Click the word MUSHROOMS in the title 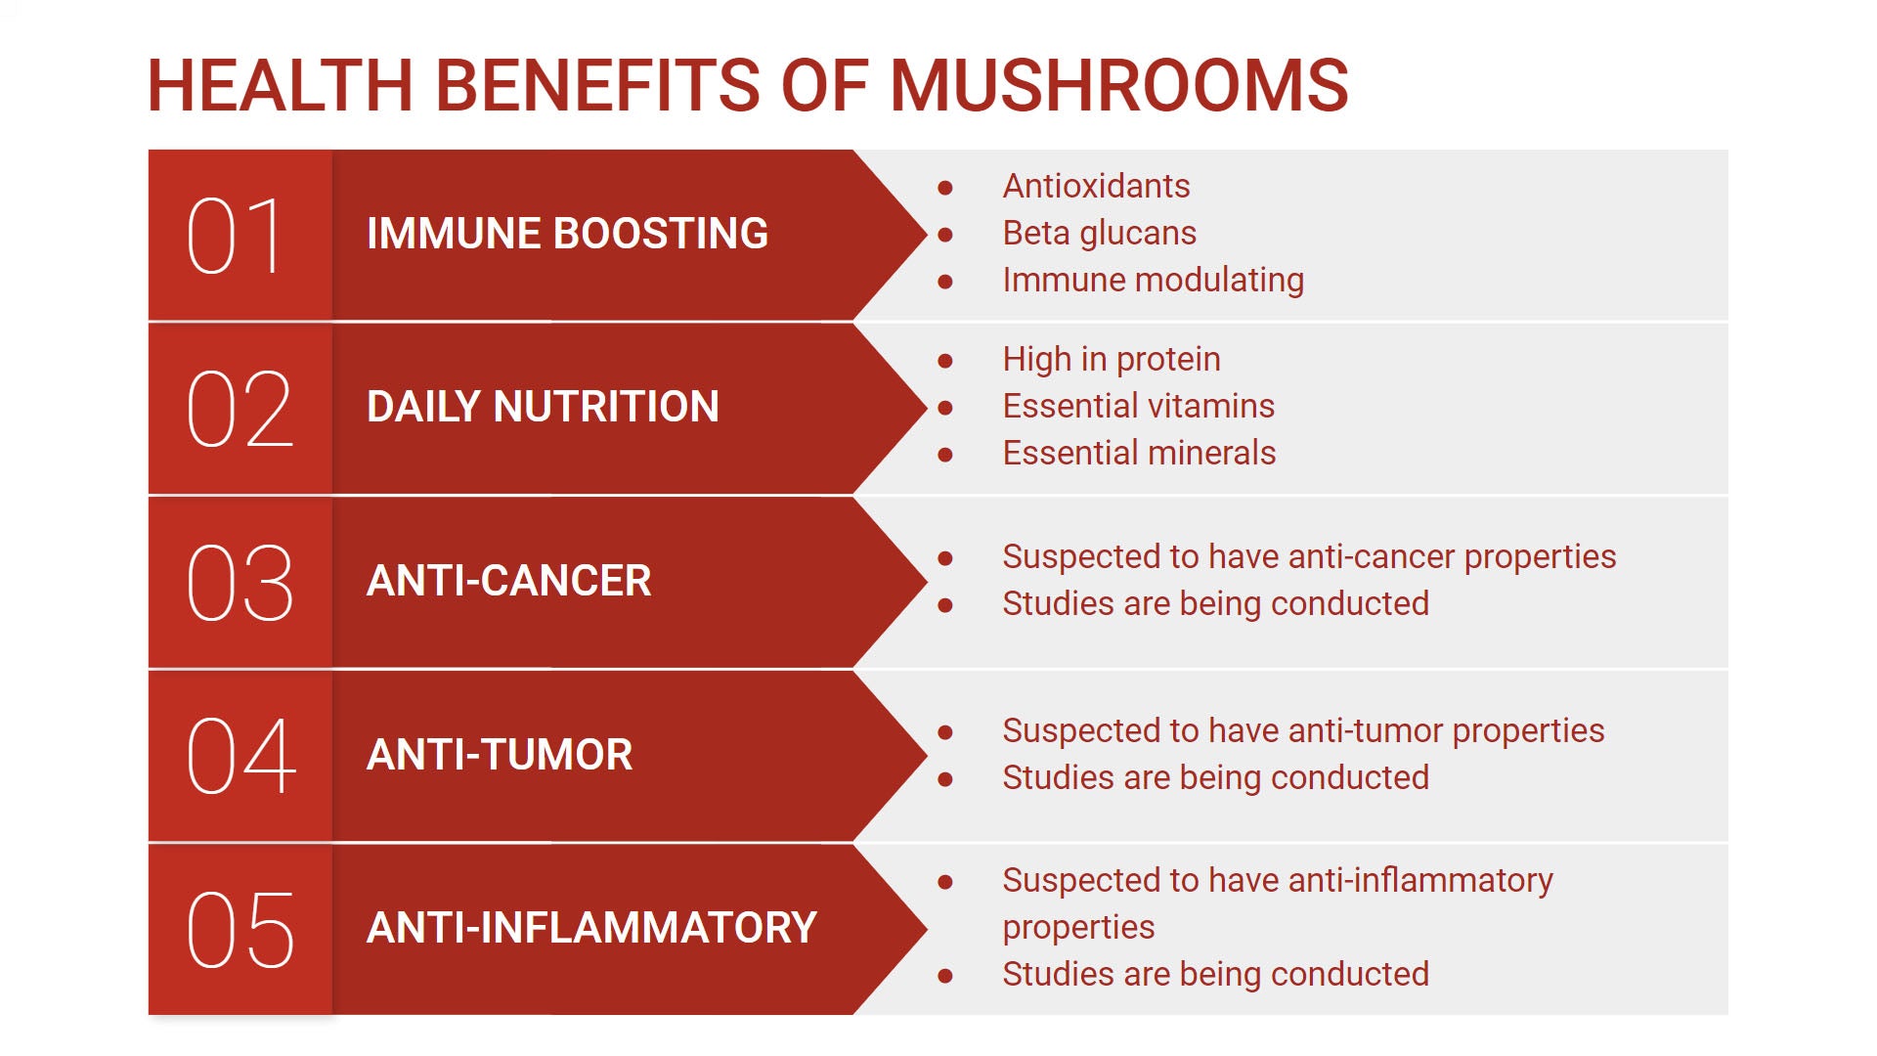click(x=1119, y=84)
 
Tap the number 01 click(x=235, y=236)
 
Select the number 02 click(x=240, y=409)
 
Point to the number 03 click(x=240, y=583)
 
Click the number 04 click(x=240, y=756)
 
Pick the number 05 click(x=240, y=930)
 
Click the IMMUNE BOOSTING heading click(x=567, y=234)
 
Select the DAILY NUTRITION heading click(x=543, y=407)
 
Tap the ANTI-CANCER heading click(x=508, y=581)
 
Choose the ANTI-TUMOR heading click(x=500, y=755)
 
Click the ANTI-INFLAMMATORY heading click(x=591, y=928)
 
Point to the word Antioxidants click(x=1096, y=186)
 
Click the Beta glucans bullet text click(x=1099, y=234)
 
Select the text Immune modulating click(x=1153, y=281)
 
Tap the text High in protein click(x=1112, y=360)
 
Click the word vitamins click(x=1212, y=406)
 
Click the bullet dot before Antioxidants click(x=945, y=188)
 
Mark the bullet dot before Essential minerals click(x=945, y=455)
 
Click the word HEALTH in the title click(x=280, y=84)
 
